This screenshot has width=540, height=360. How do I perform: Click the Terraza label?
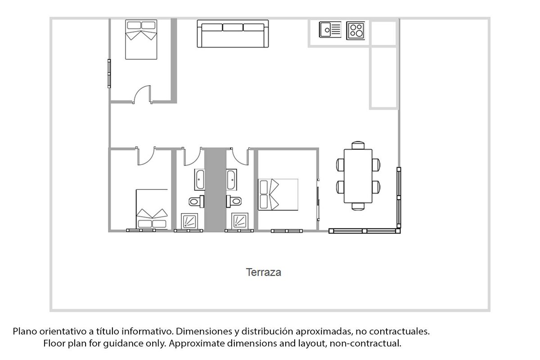click(263, 272)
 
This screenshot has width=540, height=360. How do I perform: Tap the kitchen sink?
click(330, 30)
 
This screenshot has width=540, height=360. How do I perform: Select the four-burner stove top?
click(355, 31)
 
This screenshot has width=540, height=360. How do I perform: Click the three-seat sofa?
click(233, 33)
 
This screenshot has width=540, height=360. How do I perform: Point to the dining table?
click(358, 176)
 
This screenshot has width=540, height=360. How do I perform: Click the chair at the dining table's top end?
click(358, 145)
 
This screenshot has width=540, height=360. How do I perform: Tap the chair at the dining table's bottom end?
click(358, 207)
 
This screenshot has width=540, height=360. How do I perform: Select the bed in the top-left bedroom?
click(141, 40)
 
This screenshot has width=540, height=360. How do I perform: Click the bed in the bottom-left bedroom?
click(152, 209)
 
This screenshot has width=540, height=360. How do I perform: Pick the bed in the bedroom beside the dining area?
click(278, 194)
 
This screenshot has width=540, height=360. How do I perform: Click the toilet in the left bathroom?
click(197, 201)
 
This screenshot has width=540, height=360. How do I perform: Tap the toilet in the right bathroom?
click(234, 201)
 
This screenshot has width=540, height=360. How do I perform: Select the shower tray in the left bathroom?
click(189, 221)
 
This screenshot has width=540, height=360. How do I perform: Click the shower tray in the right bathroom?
click(240, 221)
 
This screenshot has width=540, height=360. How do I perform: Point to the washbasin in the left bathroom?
click(200, 180)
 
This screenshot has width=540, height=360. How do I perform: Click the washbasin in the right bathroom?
click(231, 180)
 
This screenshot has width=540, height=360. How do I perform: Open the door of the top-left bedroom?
click(142, 94)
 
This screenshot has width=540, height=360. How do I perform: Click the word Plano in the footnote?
click(25, 332)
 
